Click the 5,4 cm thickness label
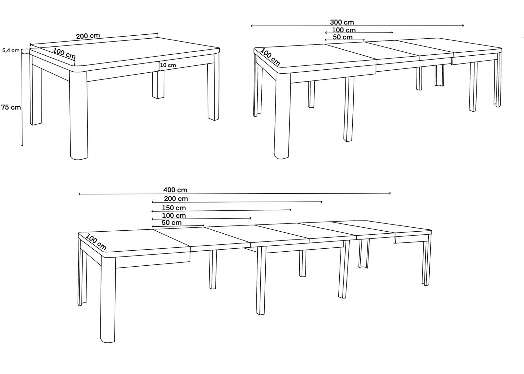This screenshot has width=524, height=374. pos(11,50)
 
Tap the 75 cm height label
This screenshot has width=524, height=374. pos(11,107)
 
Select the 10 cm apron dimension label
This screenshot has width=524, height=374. pos(168,65)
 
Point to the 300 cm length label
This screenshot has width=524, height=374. pos(342,23)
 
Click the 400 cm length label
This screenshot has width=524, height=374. pos(175,190)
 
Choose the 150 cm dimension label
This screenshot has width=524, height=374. pos(174,208)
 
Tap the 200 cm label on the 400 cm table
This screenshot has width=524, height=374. pos(176,199)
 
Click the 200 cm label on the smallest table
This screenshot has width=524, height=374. pos(88,36)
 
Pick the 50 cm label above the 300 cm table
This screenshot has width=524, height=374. pos(343,37)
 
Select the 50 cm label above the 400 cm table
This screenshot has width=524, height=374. pos(172,223)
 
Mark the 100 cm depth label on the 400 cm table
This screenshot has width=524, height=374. pos(96,242)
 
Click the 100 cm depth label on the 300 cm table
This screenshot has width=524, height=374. pos(270,57)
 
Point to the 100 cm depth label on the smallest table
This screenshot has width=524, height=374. pos(64,54)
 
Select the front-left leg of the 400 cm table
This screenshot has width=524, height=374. pos(108,299)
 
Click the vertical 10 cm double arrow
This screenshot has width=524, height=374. pos(159,66)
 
